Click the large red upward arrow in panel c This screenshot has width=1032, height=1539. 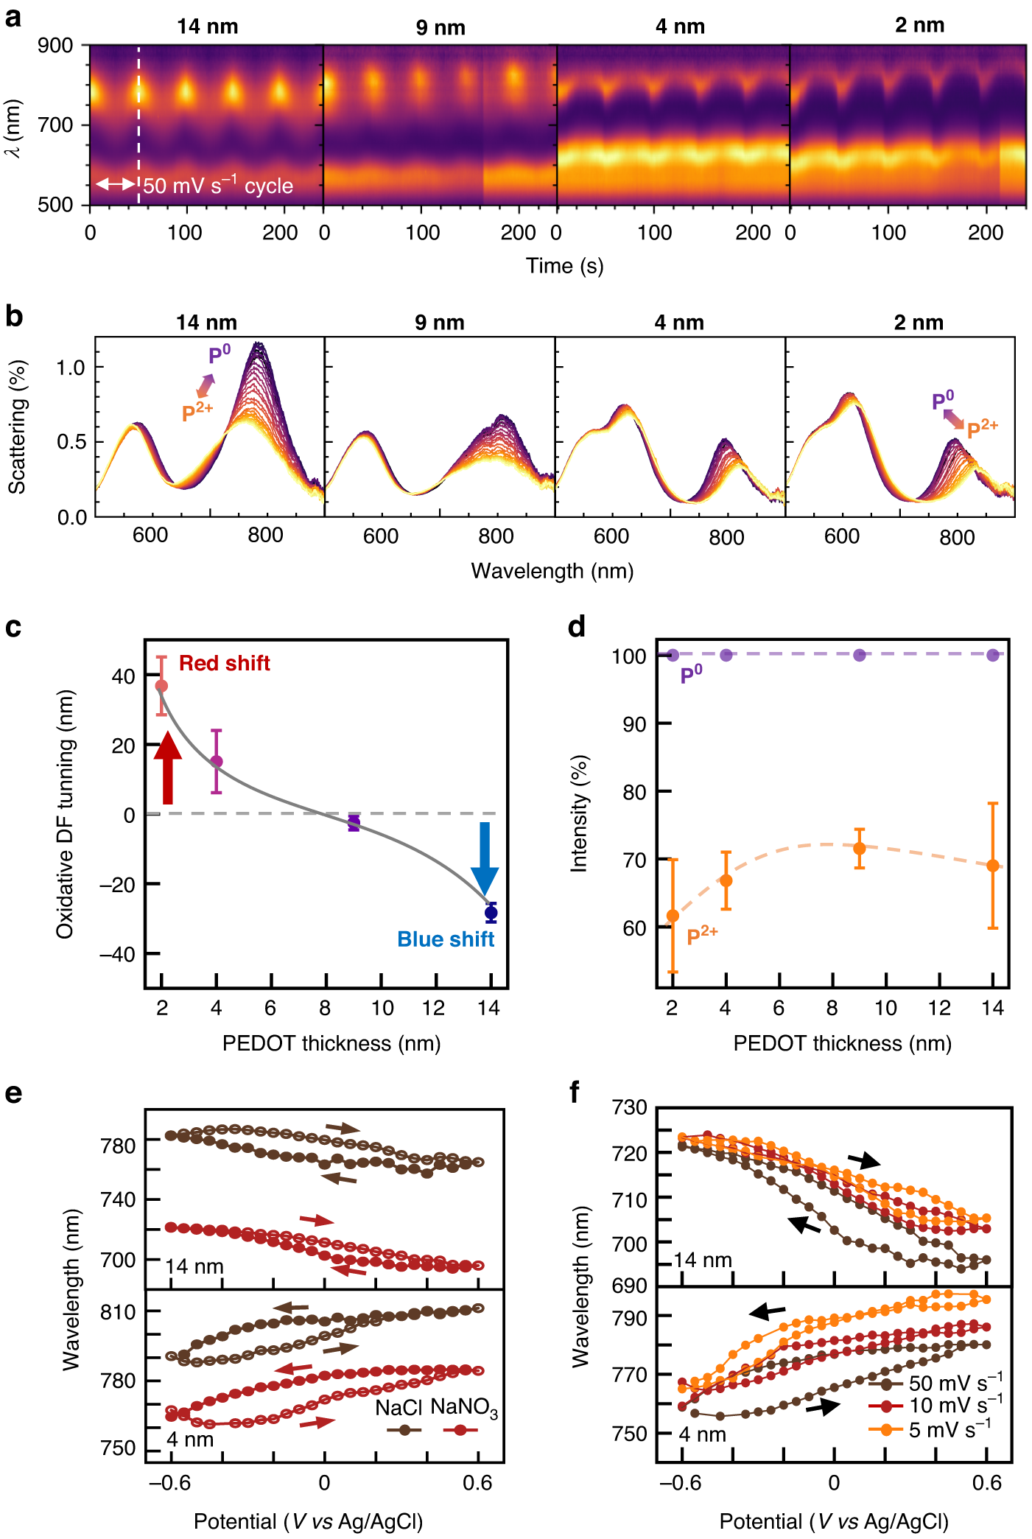pyautogui.click(x=168, y=768)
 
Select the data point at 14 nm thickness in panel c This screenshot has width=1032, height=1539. pyautogui.click(x=491, y=913)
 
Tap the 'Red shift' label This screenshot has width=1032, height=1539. pyautogui.click(x=224, y=663)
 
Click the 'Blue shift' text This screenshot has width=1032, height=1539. pyautogui.click(x=445, y=939)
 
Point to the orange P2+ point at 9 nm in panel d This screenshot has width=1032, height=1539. pyautogui.click(x=859, y=848)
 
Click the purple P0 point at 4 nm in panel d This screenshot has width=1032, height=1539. pyautogui.click(x=726, y=655)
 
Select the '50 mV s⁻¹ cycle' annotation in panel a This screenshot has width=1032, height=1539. pyautogui.click(x=218, y=186)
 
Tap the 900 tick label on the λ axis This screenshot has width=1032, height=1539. pyautogui.click(x=55, y=46)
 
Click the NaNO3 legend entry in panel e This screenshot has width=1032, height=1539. pyautogui.click(x=463, y=1407)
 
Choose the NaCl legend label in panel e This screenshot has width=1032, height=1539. pyautogui.click(x=399, y=1408)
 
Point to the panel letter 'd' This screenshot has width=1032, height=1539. pyautogui.click(x=576, y=627)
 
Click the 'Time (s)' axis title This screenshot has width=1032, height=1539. pyautogui.click(x=564, y=266)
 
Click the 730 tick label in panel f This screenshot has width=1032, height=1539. pyautogui.click(x=630, y=1107)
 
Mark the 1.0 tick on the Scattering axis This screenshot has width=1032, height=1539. pyautogui.click(x=71, y=368)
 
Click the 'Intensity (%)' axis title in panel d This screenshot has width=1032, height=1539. pyautogui.click(x=580, y=813)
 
